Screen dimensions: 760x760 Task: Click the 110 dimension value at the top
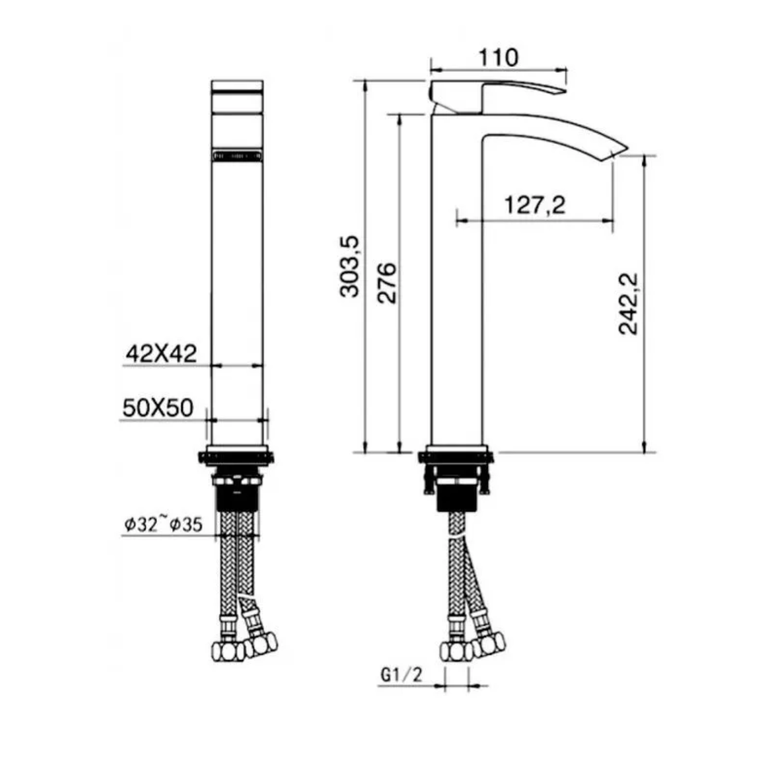[x=499, y=57]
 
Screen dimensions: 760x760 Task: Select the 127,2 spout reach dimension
[x=535, y=205]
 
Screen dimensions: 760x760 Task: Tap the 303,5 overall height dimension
[x=350, y=267]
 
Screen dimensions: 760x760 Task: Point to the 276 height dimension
[x=387, y=283]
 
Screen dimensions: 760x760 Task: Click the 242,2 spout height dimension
[x=629, y=303]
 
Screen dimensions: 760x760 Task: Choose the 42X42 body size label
[x=160, y=354]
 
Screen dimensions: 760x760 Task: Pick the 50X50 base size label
[x=158, y=408]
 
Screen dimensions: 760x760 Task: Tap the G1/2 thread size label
[x=401, y=675]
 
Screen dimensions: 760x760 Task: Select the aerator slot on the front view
[x=238, y=156]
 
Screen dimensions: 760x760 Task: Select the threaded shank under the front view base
[x=238, y=497]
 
